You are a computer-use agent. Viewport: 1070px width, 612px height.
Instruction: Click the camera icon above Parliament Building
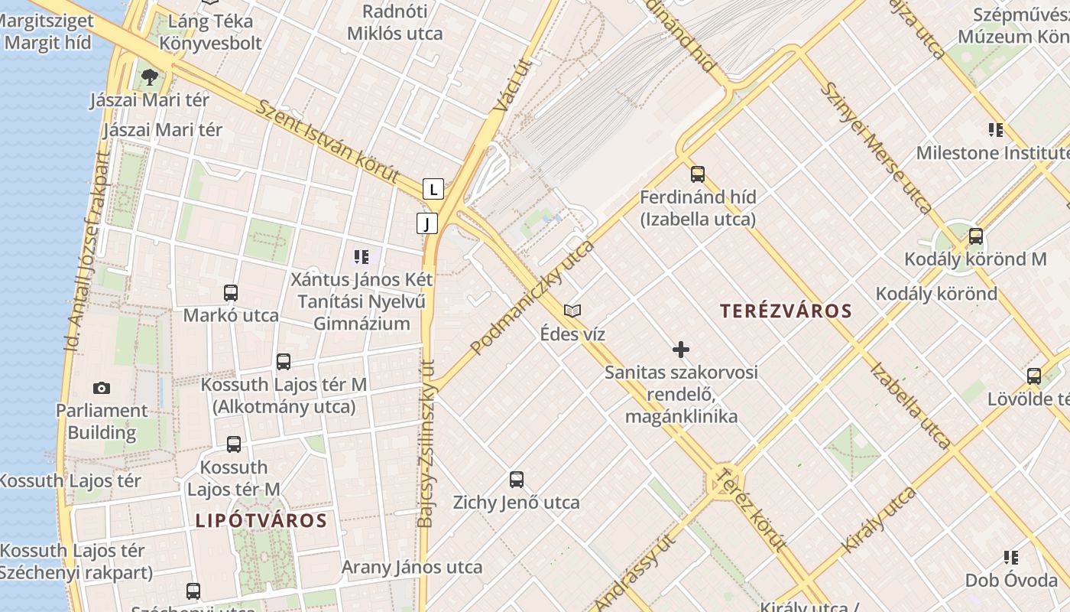pyautogui.click(x=101, y=389)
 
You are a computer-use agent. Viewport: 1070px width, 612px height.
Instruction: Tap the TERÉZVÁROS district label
pyautogui.click(x=786, y=311)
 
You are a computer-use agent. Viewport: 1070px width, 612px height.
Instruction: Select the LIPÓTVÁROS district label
pyautogui.click(x=261, y=521)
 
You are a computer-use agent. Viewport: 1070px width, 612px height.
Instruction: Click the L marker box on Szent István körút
pyautogui.click(x=433, y=189)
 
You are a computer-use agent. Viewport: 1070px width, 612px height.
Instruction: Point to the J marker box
pyautogui.click(x=427, y=223)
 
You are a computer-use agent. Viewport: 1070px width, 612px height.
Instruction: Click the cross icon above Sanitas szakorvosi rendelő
pyautogui.click(x=681, y=350)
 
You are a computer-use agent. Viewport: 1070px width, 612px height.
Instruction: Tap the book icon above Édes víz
pyautogui.click(x=572, y=311)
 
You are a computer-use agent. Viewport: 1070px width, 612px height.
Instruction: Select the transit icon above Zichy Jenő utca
pyautogui.click(x=517, y=480)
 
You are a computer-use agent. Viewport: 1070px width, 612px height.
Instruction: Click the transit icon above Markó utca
pyautogui.click(x=231, y=292)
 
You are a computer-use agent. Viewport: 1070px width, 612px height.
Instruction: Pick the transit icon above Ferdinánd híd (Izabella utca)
pyautogui.click(x=698, y=174)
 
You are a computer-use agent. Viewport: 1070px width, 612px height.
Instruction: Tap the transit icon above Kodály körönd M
pyautogui.click(x=976, y=236)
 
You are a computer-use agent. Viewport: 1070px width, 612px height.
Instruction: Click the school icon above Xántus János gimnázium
pyautogui.click(x=361, y=257)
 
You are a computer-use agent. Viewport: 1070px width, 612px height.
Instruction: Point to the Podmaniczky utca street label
pyautogui.click(x=533, y=298)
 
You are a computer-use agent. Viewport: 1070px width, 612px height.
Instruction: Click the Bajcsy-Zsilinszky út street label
pyautogui.click(x=426, y=444)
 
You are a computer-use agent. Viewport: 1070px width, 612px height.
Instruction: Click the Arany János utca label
pyautogui.click(x=411, y=567)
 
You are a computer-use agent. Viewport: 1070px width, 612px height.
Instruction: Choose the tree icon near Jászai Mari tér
pyautogui.click(x=150, y=76)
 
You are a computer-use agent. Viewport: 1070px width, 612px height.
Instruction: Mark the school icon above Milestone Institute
pyautogui.click(x=995, y=130)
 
